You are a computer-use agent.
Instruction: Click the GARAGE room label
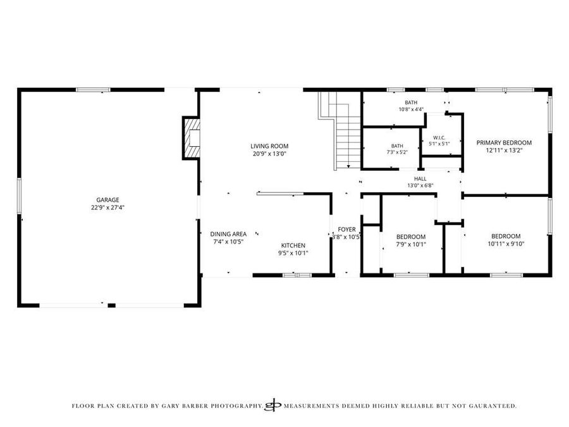coord(107,200)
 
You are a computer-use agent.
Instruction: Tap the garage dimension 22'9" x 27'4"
coord(107,207)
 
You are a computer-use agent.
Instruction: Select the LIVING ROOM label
coord(269,146)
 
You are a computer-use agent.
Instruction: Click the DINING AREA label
coord(228,234)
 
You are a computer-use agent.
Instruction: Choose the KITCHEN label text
coord(293,245)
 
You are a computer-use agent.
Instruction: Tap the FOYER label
coord(346,230)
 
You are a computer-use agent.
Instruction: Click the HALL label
coord(420,178)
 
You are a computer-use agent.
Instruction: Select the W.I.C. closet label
coord(439,138)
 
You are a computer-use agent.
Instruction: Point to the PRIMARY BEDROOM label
coord(504,143)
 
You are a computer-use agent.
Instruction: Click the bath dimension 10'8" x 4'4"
coord(411,109)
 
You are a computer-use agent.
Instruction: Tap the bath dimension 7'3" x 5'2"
coord(397,152)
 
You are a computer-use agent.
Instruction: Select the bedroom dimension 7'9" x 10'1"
coord(411,244)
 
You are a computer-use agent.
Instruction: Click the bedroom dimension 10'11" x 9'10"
coord(506,244)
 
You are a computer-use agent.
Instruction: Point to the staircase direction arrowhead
coord(348,166)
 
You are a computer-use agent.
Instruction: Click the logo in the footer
coord(273,405)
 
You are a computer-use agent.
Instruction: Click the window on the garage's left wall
coord(19,195)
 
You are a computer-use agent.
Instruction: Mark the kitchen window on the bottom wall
coord(297,275)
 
